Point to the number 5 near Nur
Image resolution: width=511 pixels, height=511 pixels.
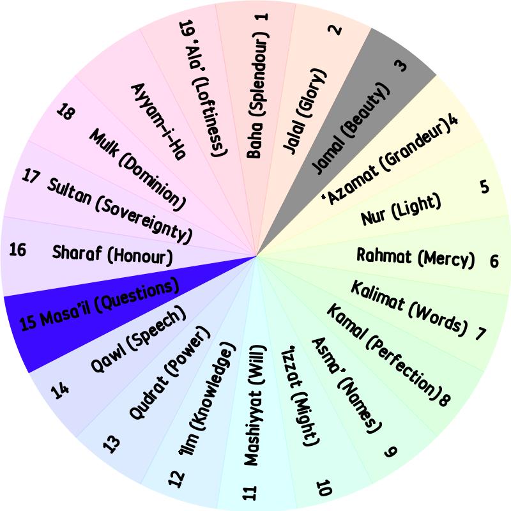(x=485, y=187)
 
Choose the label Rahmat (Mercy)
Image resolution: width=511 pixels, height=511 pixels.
(x=415, y=258)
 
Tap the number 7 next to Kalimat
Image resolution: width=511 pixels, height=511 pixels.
(x=480, y=333)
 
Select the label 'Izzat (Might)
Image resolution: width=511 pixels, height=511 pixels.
(x=300, y=397)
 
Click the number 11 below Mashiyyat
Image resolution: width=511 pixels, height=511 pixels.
(x=250, y=492)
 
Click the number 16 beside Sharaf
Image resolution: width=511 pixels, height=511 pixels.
(x=18, y=250)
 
